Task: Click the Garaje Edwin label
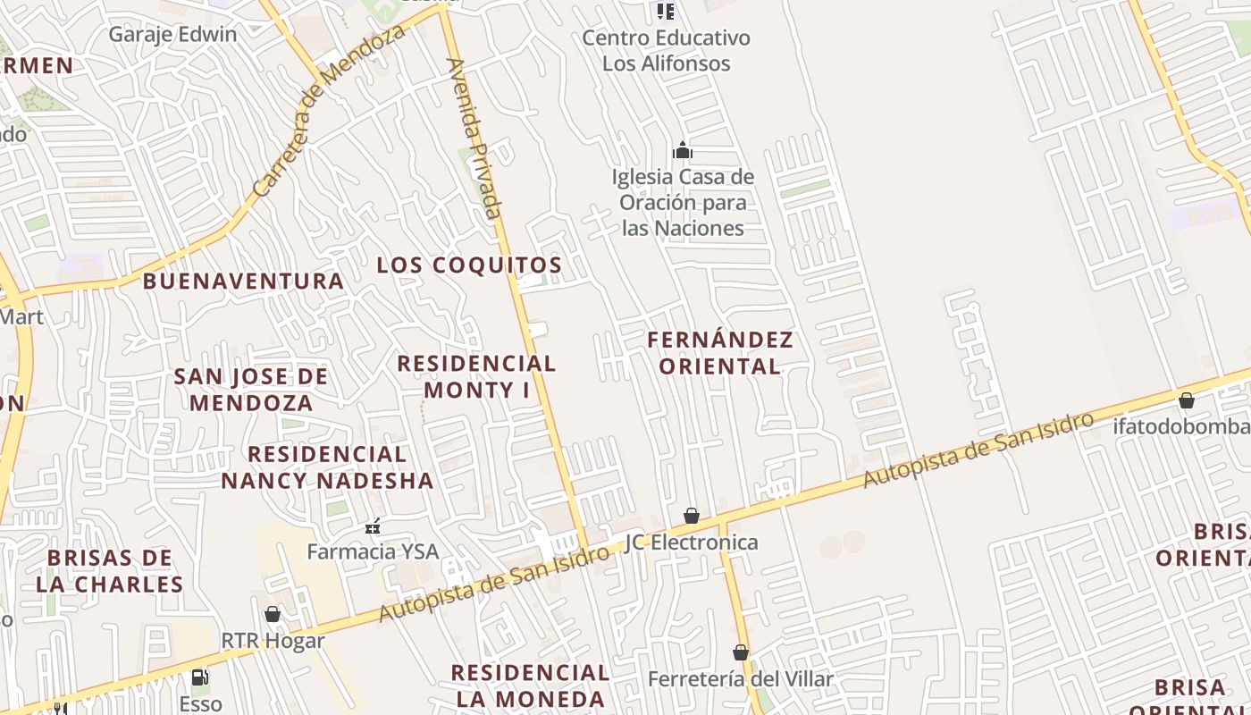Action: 172,35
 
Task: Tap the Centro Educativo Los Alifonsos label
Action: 666,51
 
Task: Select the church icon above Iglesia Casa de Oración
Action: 683,150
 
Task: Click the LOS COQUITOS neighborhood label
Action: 469,265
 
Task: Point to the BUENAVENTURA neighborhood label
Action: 243,282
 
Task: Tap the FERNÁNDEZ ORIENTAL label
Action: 720,353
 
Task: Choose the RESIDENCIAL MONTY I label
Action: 476,376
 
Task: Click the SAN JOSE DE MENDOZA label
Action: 251,390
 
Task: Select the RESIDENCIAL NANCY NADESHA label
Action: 327,467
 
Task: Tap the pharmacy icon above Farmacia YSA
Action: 373,526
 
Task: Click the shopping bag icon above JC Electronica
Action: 691,516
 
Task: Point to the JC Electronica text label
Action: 692,543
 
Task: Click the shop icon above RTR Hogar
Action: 273,614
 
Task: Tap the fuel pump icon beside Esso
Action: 200,677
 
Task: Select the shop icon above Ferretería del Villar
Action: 740,652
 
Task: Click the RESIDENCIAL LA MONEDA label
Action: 530,686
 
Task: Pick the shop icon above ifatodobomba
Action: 1186,400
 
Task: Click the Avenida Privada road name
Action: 475,139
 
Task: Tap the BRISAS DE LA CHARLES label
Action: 110,571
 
